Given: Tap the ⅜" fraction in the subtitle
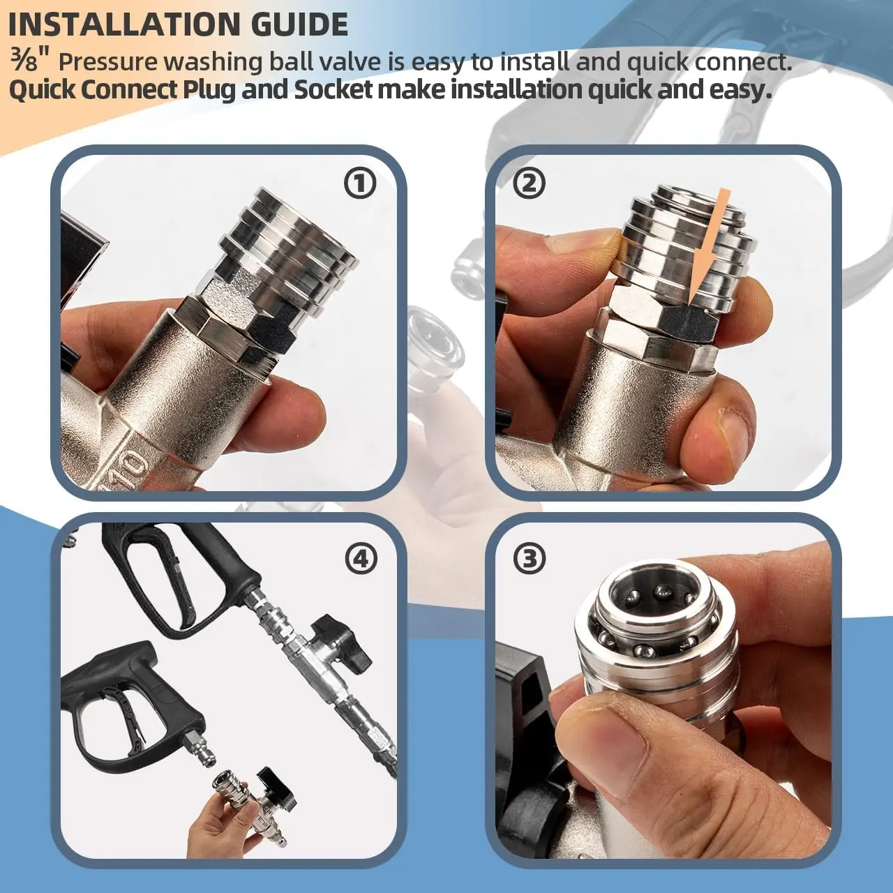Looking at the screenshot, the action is (x=30, y=61).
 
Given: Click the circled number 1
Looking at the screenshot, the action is (x=359, y=183).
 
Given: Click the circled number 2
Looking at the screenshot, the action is (x=530, y=183).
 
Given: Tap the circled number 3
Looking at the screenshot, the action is (x=530, y=558).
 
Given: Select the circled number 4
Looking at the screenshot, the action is (x=361, y=558).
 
